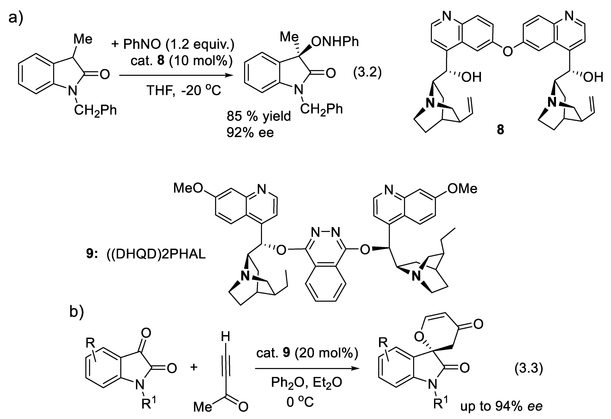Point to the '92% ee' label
tap(250, 132)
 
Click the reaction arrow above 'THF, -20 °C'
tap(176, 75)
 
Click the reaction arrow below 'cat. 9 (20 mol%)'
tap(307, 369)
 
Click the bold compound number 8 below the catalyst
tap(500, 130)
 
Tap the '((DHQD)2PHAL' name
tap(156, 255)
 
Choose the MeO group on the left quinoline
tap(188, 188)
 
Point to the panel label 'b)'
tap(77, 312)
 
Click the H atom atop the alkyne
tap(225, 336)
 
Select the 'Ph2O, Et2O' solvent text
tap(306, 383)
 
